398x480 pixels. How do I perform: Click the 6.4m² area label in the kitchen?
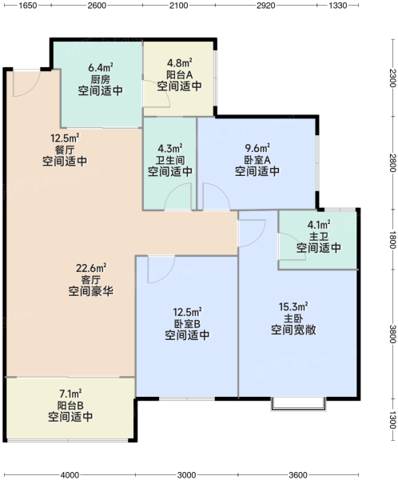[101, 67]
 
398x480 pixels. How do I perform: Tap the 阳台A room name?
[180, 74]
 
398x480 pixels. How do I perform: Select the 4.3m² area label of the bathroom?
[170, 149]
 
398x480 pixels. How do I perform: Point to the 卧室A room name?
[257, 160]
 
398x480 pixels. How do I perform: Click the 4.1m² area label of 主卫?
[319, 225]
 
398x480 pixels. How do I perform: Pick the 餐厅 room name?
[65, 150]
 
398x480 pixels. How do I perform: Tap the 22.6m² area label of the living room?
[91, 269]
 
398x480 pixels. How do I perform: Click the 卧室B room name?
[187, 324]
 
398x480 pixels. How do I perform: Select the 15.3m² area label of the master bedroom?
[293, 306]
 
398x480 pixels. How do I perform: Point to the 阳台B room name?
[70, 406]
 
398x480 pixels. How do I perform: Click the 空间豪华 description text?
[91, 291]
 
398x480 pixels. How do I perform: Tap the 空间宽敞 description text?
[293, 330]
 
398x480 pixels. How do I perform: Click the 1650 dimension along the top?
[28, 6]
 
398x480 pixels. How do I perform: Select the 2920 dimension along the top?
[266, 6]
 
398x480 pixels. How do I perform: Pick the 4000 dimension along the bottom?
[70, 475]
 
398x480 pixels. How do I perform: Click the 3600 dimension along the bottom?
[297, 475]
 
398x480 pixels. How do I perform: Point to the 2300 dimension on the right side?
[392, 78]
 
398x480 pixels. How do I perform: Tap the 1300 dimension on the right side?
[392, 420]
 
